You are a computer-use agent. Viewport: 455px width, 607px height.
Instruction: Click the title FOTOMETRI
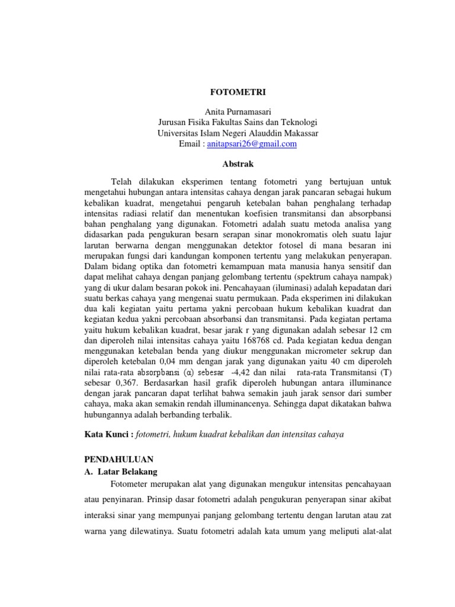pyautogui.click(x=227, y=92)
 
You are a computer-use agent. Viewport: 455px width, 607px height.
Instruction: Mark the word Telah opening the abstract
pyautogui.click(x=122, y=181)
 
